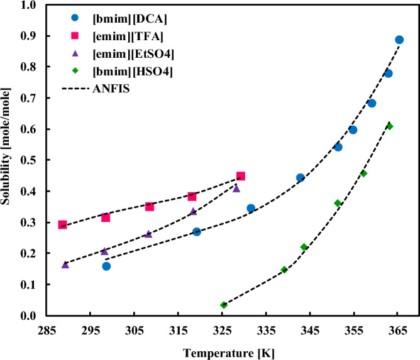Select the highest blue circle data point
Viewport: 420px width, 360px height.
[399, 40]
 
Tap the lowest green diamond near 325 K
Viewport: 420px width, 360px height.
[223, 305]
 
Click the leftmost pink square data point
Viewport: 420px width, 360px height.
[62, 224]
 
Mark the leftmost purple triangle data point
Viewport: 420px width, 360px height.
[65, 265]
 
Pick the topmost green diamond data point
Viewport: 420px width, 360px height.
[390, 126]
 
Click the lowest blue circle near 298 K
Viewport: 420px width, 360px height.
[106, 266]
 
